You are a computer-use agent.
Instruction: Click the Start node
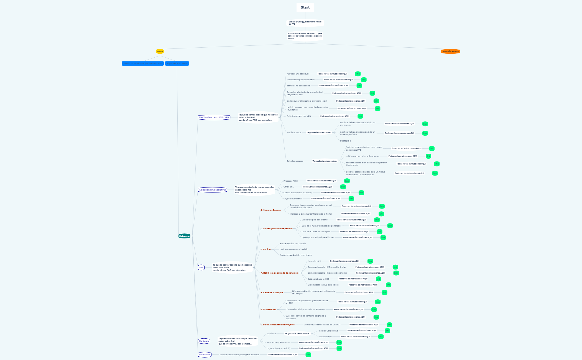coord(305,7)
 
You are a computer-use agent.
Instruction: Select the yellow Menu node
coord(160,51)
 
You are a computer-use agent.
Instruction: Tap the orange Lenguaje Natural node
coord(450,51)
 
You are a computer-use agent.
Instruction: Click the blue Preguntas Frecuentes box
coord(177,63)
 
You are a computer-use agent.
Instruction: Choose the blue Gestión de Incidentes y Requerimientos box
coord(142,63)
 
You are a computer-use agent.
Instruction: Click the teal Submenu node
coord(184,236)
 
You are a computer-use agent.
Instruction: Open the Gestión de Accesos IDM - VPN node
coord(214,117)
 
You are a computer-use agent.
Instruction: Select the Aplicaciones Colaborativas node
coord(212,190)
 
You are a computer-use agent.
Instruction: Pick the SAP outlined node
coord(201,268)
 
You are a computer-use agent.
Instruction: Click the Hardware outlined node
coord(204,341)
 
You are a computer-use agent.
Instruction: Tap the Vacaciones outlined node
coord(205,355)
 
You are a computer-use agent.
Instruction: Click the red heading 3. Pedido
coord(266,250)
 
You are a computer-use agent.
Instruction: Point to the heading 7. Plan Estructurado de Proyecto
coord(278,325)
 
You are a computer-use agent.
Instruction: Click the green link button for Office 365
coord(343,187)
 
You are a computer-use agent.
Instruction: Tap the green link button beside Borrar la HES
coord(370,261)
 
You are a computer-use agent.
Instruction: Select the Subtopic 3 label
coord(346,141)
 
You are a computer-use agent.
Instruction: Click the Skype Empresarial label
coord(293,199)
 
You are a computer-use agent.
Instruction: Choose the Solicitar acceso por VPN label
coord(299,116)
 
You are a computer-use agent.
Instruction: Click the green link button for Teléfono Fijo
coord(381,337)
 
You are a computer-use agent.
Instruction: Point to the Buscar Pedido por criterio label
coord(293,244)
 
